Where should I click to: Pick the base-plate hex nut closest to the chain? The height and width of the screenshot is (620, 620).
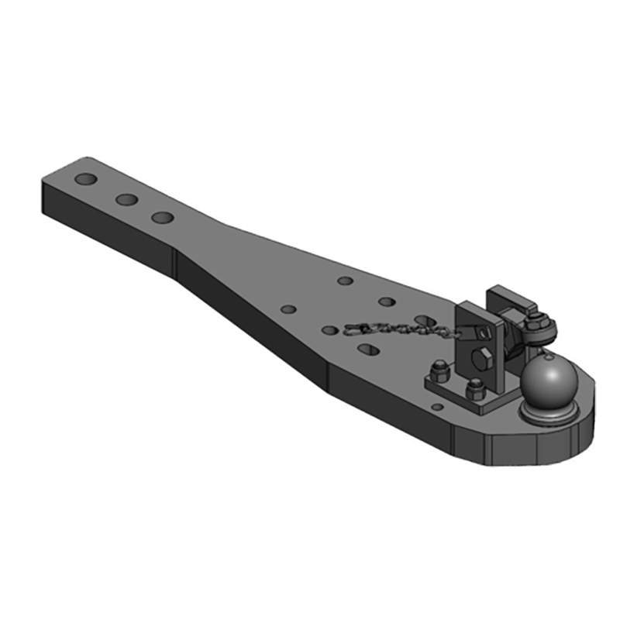438,370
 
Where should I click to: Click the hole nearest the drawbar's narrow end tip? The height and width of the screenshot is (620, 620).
85,180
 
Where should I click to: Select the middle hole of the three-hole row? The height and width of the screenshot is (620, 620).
126,200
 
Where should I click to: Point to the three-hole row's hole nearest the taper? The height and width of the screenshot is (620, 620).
163,218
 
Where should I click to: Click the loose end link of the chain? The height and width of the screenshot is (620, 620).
351,329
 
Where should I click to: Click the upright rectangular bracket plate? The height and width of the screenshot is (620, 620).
474,333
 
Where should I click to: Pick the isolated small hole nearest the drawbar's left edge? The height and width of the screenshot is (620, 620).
288,309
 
